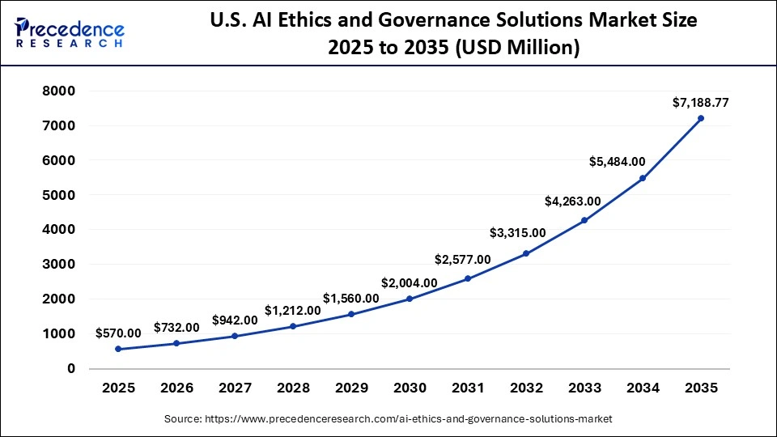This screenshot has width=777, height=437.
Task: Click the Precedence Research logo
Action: (70, 32)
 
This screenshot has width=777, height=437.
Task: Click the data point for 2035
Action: (701, 118)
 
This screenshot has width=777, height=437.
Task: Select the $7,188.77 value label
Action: (700, 103)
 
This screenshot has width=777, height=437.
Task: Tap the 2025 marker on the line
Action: (118, 349)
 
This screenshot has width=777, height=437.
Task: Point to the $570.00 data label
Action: (118, 333)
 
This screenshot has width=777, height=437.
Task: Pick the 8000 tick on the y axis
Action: (59, 91)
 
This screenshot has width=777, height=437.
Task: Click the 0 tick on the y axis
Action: (71, 368)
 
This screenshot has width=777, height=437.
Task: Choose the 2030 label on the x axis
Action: (410, 388)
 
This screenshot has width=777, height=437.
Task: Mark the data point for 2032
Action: (526, 253)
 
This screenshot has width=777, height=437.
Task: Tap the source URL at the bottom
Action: (388, 418)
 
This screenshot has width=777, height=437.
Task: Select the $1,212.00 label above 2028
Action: (292, 311)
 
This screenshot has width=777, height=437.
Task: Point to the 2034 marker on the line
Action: (643, 178)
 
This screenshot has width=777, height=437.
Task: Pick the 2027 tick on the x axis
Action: (235, 388)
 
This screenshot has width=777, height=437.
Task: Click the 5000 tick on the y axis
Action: (59, 195)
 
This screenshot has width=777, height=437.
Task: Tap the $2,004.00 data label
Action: (409, 283)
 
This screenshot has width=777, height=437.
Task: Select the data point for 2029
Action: (351, 314)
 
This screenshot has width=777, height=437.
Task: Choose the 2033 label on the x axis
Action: (584, 388)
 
